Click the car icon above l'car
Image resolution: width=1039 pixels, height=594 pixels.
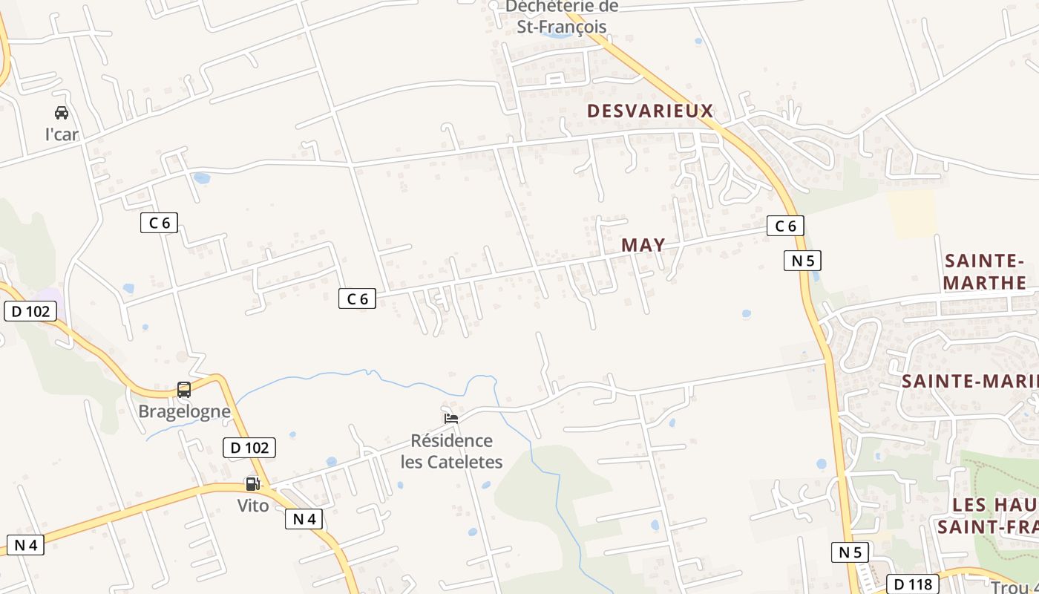coord(62,113)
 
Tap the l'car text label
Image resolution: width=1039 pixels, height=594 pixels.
coord(62,134)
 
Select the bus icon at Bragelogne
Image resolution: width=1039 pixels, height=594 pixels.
coord(184,390)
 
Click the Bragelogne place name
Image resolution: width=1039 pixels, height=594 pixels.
coord(185,411)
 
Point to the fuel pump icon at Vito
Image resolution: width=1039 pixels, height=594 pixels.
coord(252,484)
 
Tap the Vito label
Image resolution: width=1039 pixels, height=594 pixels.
coord(253,506)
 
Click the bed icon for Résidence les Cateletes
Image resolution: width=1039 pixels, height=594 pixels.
coord(450,419)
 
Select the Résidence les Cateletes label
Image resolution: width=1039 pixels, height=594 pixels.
coord(452,451)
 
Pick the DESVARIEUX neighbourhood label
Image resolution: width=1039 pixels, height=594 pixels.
coord(650,111)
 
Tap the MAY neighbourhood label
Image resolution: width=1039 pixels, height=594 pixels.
coord(643,245)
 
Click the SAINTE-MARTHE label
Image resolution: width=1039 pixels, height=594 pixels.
coord(985,272)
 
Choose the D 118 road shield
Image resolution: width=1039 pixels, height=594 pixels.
coord(912,584)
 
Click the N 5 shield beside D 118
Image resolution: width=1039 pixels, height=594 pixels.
coord(850,552)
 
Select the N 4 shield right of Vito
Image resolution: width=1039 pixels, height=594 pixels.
coord(304,519)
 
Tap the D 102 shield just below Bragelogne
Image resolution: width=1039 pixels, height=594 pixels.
coord(249,448)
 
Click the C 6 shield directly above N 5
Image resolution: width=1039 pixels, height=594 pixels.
coord(785,226)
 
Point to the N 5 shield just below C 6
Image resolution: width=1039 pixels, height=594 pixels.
coord(802,261)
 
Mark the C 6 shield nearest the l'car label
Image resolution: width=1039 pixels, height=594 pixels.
coord(159,222)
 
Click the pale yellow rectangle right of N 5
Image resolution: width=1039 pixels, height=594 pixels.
coord(912,214)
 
